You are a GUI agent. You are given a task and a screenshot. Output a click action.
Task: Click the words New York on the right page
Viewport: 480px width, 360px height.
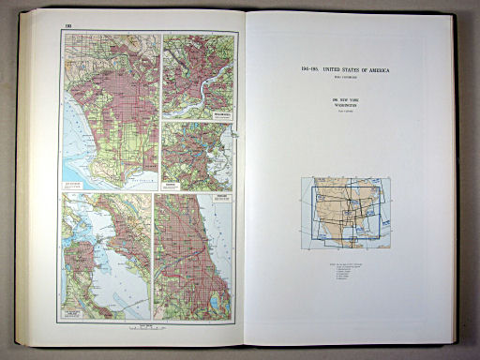pyautogui.click(x=345, y=98)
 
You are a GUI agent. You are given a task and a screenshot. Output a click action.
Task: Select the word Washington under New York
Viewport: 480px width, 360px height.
pyautogui.click(x=345, y=105)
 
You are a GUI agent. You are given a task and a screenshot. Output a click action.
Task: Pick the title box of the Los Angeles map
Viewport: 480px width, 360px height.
pyautogui.click(x=78, y=184)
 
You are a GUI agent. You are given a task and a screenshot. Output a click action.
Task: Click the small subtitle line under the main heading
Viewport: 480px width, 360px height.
pyautogui.click(x=345, y=78)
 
